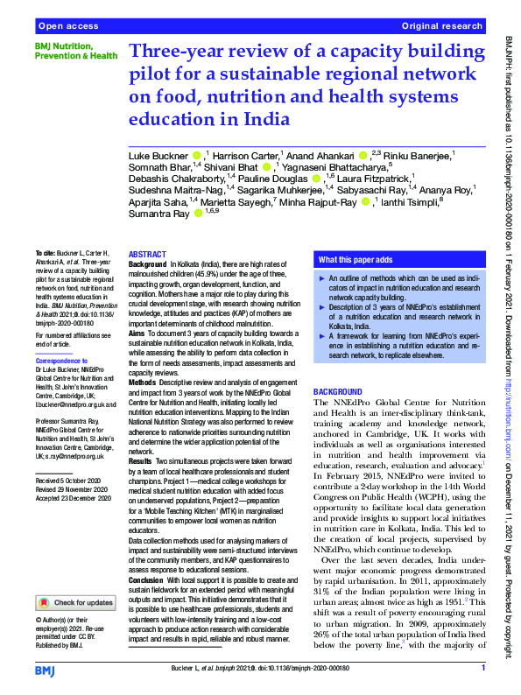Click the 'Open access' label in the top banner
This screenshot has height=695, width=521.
click(67, 27)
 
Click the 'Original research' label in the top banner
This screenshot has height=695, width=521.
click(443, 27)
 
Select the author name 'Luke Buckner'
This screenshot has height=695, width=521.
click(158, 155)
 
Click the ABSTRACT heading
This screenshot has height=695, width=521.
click(146, 254)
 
